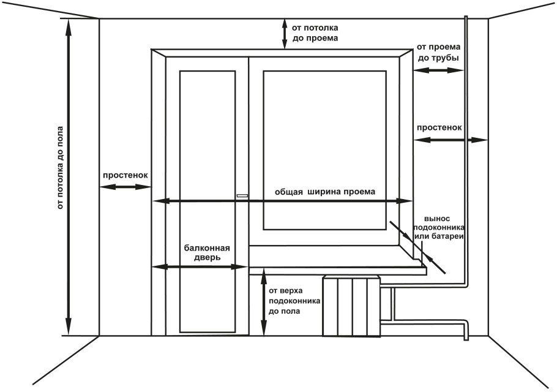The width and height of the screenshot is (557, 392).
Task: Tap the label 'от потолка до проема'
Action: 315,32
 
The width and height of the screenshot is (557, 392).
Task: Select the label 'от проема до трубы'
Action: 438,52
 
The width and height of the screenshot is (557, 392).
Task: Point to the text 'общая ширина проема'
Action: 324,191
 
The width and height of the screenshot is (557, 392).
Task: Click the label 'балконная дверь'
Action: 207,253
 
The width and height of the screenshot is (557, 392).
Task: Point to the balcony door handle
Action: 242,196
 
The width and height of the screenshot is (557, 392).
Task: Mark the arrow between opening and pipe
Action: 438,71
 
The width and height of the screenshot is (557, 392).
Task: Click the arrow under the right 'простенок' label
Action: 450,140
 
